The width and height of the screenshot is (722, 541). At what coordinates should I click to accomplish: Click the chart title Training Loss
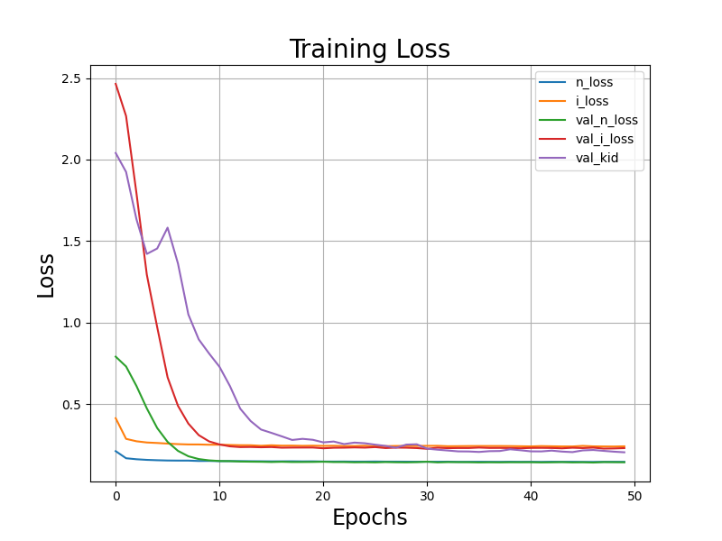369,50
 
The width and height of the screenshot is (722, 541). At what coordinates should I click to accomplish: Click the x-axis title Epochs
369,518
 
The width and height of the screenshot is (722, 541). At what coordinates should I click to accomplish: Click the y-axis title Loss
46,275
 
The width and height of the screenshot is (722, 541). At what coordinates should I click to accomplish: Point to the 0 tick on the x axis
116,496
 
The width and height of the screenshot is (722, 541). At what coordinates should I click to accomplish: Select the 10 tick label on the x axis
219,496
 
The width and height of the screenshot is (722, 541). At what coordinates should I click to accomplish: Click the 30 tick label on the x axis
427,496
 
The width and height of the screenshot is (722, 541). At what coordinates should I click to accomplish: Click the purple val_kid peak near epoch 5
167,227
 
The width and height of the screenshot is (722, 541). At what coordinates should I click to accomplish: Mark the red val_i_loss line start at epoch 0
116,84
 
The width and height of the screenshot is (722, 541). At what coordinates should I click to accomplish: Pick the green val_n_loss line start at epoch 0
116,356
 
